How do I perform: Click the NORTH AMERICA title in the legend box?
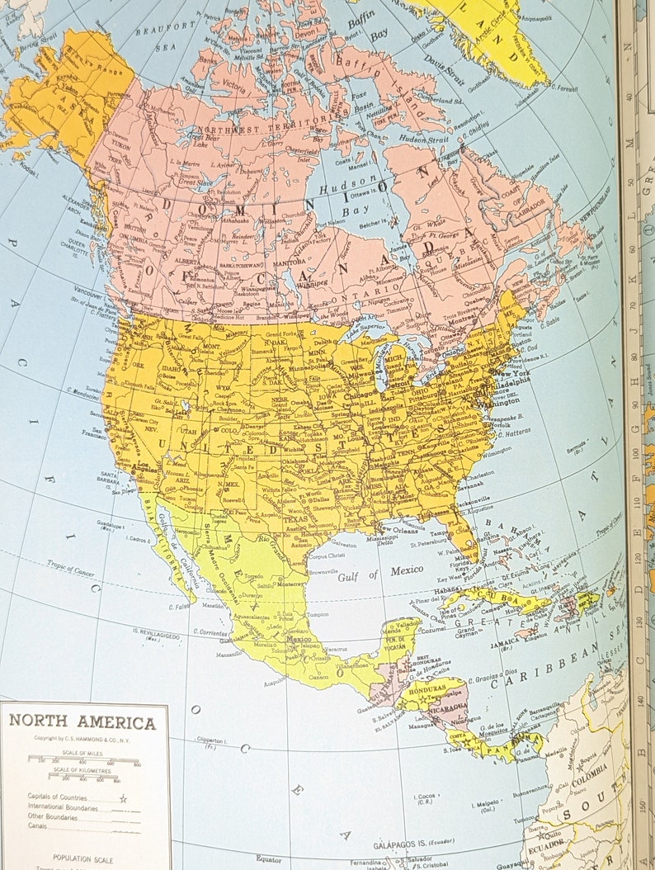coord(82,722)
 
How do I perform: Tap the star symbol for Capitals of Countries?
coord(123,798)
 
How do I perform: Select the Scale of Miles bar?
coord(82,758)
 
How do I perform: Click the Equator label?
coord(268,858)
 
